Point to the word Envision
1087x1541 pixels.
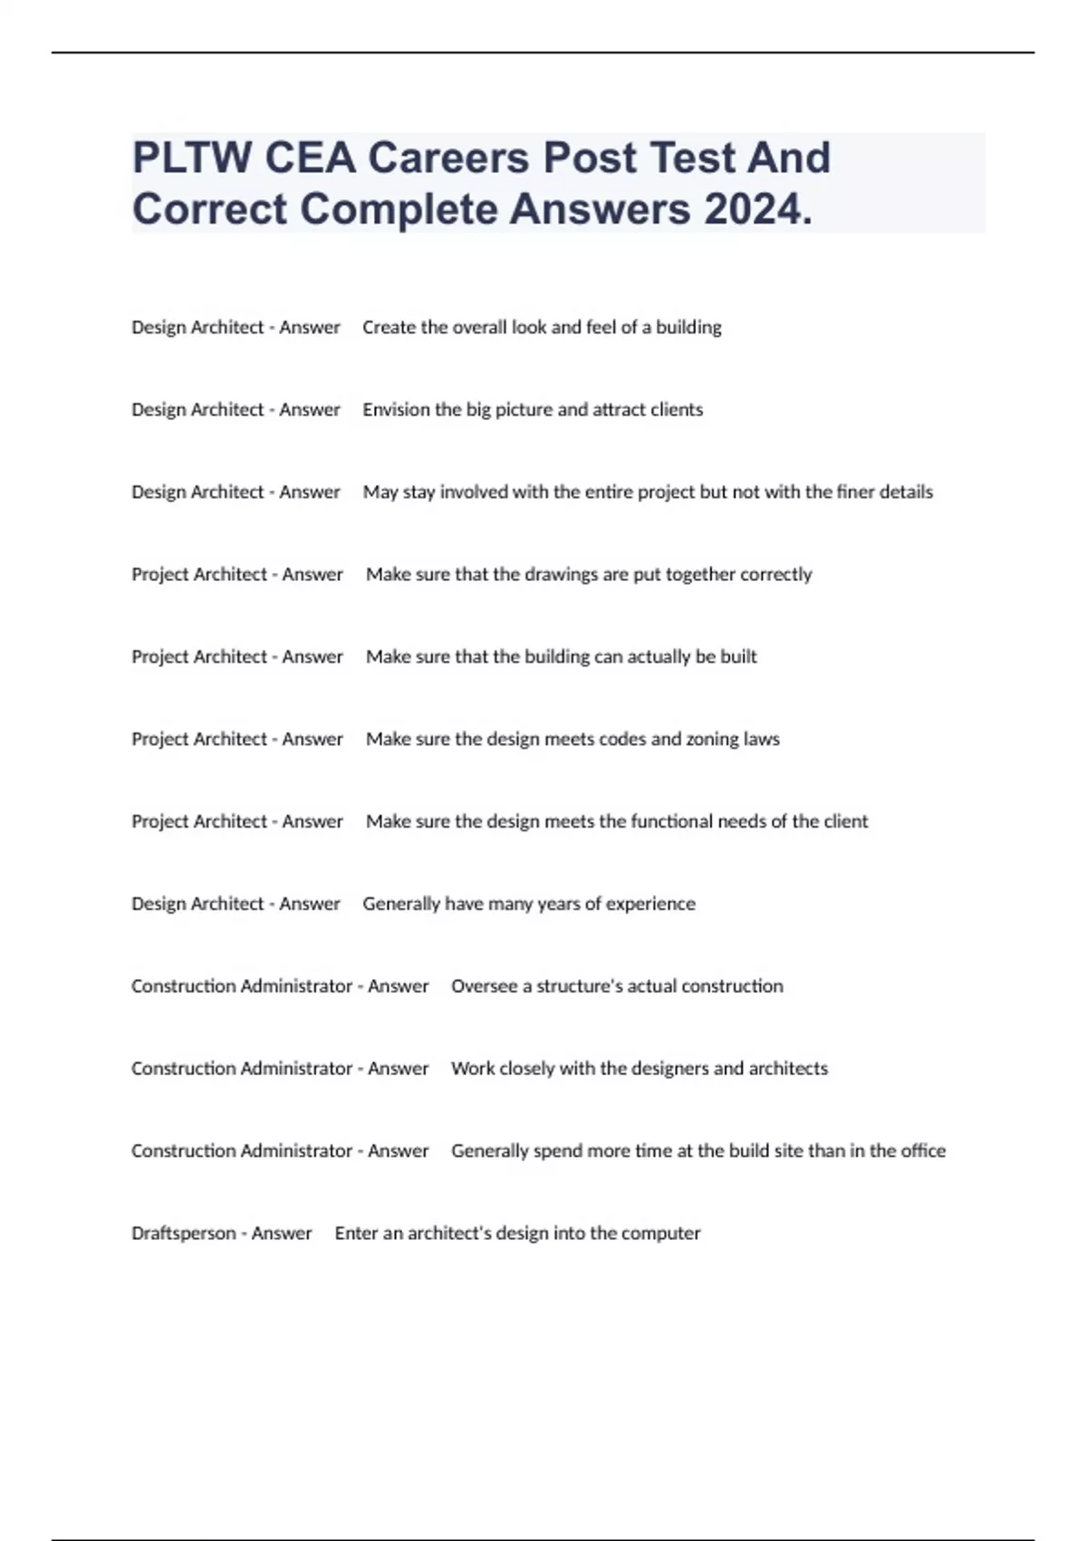coord(396,410)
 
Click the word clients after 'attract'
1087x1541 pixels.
coord(677,410)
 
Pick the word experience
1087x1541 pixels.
coord(650,904)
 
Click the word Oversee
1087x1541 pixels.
coord(484,986)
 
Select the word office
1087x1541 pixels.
coord(921,1151)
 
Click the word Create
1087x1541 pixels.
coord(389,327)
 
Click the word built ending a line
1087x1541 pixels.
coord(738,657)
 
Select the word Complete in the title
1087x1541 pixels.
coord(399,209)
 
